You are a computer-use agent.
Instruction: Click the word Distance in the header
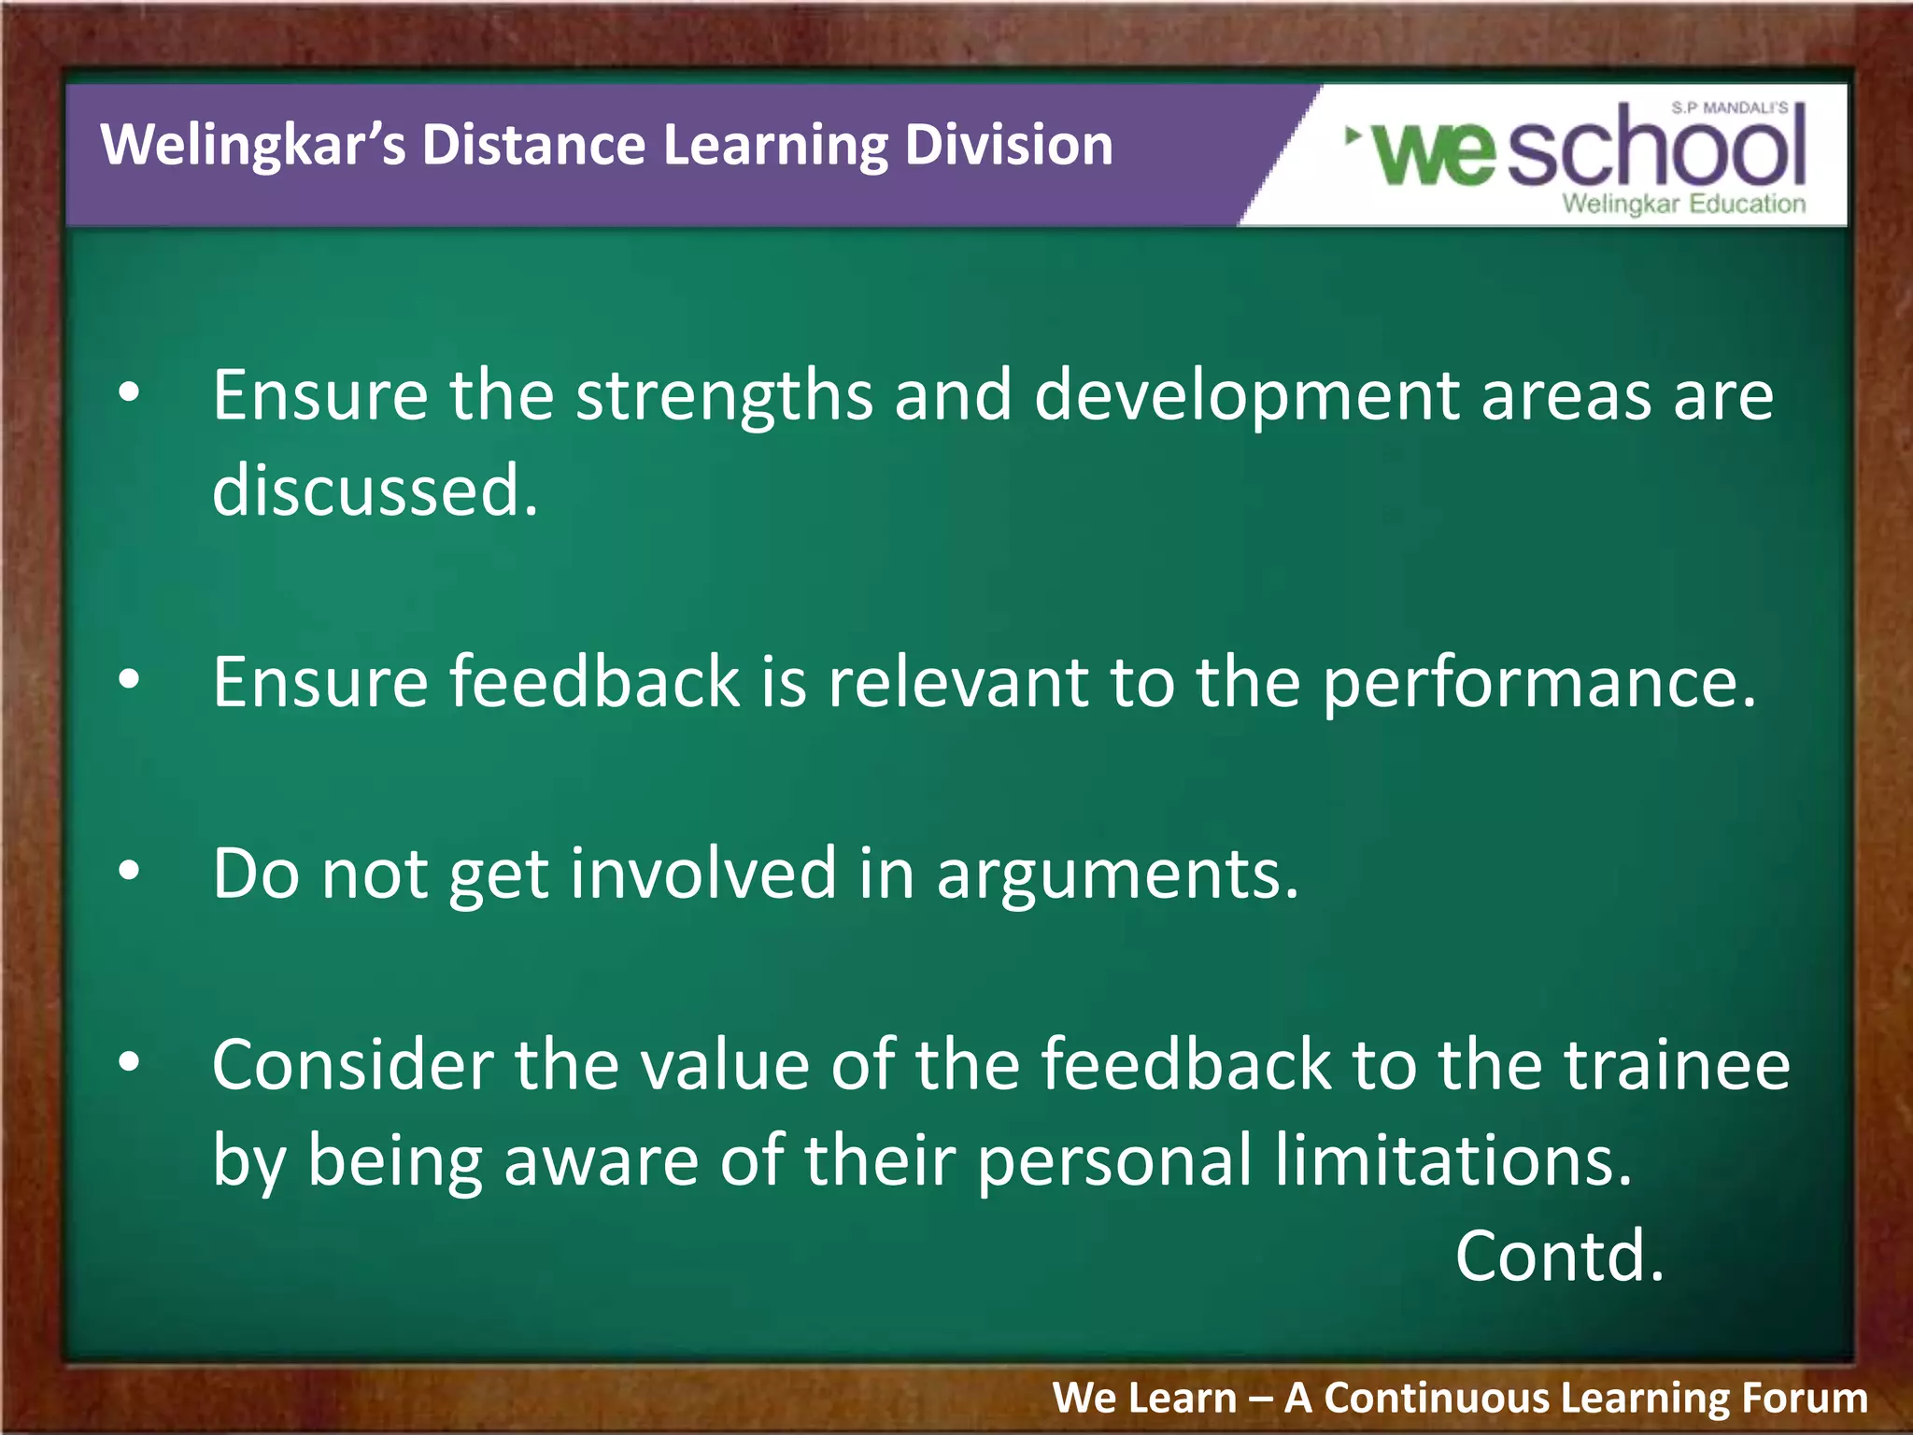point(532,146)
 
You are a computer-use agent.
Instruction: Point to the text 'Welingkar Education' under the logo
point(1683,204)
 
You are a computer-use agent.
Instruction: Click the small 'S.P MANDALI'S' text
point(1729,108)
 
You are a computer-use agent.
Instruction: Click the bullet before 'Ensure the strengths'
point(129,392)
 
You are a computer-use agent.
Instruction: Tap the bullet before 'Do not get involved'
point(129,871)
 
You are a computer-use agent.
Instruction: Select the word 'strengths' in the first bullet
point(724,396)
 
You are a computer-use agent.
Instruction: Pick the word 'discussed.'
point(375,490)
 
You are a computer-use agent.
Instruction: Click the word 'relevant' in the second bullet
point(957,682)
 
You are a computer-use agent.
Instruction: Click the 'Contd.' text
point(1559,1257)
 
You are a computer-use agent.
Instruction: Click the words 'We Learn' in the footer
point(1144,1399)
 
